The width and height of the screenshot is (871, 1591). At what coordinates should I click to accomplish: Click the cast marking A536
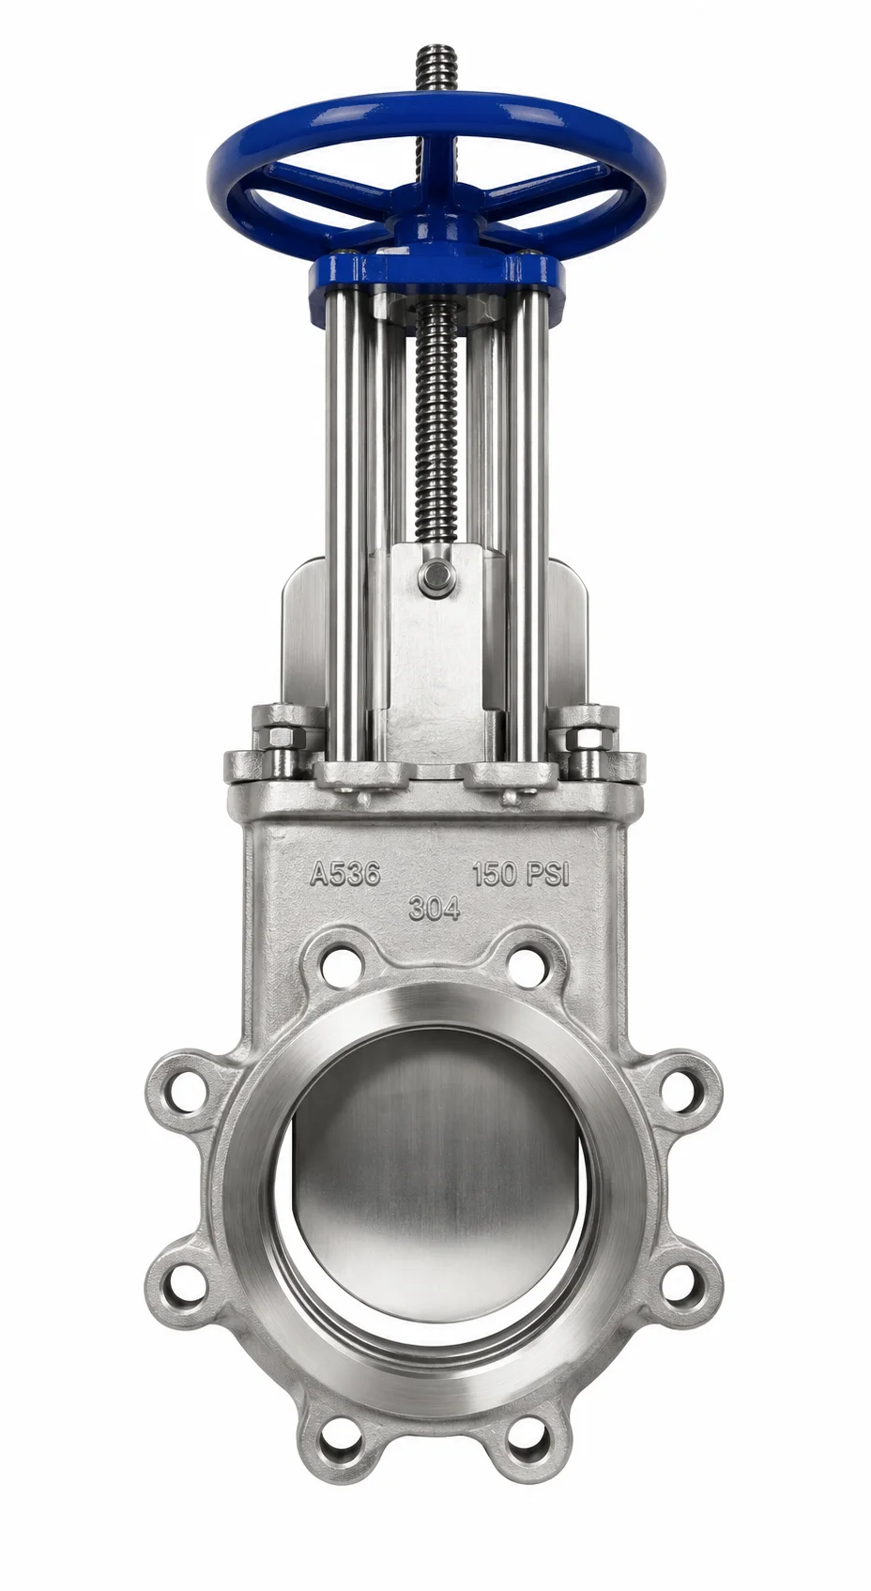tap(345, 874)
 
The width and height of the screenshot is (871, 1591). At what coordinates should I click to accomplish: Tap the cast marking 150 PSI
tap(522, 874)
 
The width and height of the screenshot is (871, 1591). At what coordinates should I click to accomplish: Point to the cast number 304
tap(434, 909)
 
